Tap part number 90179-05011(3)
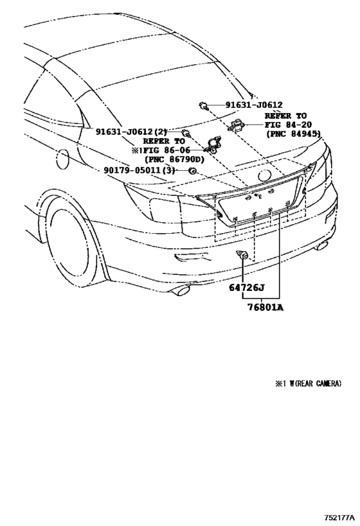click(x=139, y=170)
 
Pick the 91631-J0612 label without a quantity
click(x=254, y=105)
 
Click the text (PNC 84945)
click(x=294, y=136)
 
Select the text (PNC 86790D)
click(x=174, y=159)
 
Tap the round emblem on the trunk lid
click(x=265, y=175)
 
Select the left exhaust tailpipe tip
click(x=181, y=292)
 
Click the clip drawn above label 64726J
click(x=244, y=256)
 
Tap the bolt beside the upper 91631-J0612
click(x=203, y=105)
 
